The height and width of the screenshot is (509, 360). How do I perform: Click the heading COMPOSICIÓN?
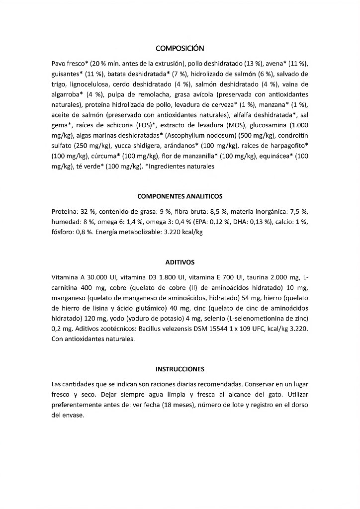[180, 48]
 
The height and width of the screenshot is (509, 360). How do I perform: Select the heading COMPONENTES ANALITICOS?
[180, 196]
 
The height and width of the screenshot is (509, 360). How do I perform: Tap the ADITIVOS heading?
[180, 262]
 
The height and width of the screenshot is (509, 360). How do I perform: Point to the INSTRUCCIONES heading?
[180, 369]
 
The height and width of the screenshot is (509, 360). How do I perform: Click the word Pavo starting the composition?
[59, 64]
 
